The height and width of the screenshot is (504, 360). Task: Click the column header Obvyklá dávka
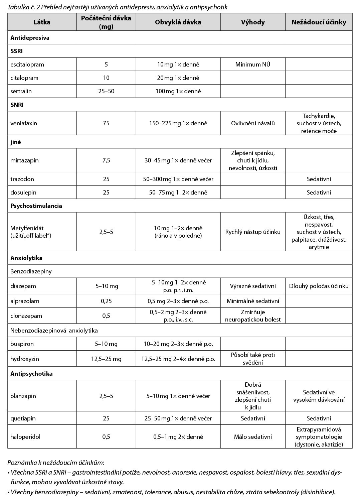[x=178, y=22]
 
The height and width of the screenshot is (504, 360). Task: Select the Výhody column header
[x=253, y=22]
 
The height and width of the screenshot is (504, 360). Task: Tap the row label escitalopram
[x=27, y=65]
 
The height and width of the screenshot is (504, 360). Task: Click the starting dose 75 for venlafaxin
[x=106, y=123]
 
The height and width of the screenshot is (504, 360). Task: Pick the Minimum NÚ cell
[x=253, y=65]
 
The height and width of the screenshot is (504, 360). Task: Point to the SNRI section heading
[x=17, y=105]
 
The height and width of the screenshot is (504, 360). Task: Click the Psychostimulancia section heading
[x=36, y=206]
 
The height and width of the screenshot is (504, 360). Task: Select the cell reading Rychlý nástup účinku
[x=253, y=232]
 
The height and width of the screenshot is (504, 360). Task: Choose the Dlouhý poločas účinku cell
[x=319, y=286]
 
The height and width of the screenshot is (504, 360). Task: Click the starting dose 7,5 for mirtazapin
[x=106, y=160]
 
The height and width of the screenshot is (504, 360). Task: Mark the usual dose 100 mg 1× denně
[x=178, y=91]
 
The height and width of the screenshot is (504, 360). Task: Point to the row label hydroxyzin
[x=25, y=359]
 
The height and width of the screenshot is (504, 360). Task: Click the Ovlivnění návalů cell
[x=253, y=123]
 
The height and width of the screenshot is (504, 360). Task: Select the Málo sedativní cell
[x=253, y=437]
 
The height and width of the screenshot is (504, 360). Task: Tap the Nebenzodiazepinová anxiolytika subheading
[x=54, y=331]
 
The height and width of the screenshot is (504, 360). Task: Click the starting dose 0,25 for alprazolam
[x=106, y=301]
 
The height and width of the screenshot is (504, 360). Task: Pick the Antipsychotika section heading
[x=31, y=374]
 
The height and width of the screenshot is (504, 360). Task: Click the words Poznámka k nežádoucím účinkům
[x=56, y=463]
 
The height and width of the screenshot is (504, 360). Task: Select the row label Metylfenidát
[x=27, y=228]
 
